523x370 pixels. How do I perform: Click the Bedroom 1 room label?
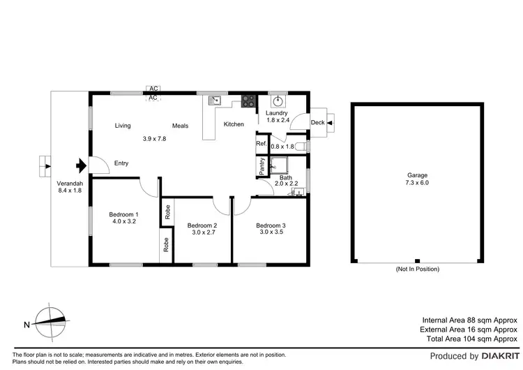pos(123,214)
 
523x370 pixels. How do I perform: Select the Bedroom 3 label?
pos(271,225)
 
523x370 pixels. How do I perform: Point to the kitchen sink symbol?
pos(216,100)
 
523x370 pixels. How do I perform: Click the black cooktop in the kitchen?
pos(248,101)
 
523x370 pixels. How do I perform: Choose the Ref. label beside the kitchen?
pos(261,144)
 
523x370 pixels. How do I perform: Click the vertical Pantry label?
pos(261,167)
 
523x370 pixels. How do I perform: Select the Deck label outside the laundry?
pos(317,123)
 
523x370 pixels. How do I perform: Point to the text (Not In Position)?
pos(418,269)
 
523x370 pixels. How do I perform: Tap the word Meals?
pos(181,126)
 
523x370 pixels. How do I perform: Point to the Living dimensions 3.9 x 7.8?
pos(154,138)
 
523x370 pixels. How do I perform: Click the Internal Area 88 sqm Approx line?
pos(469,319)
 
